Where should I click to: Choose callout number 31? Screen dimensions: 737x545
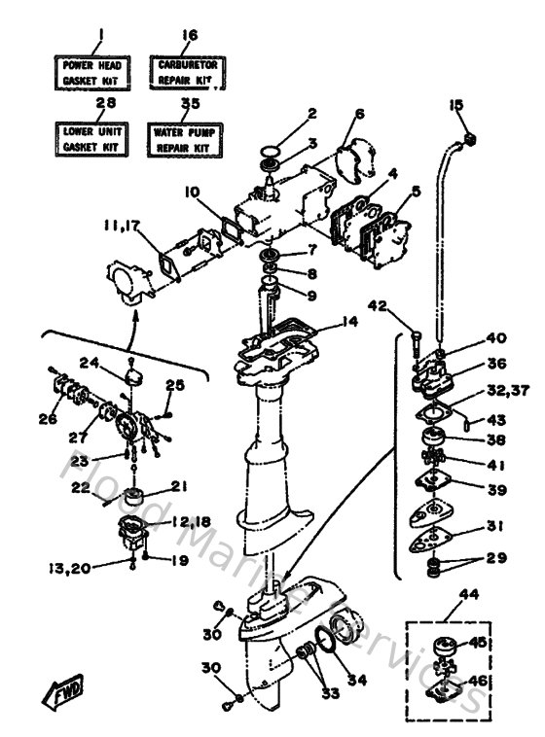493,528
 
